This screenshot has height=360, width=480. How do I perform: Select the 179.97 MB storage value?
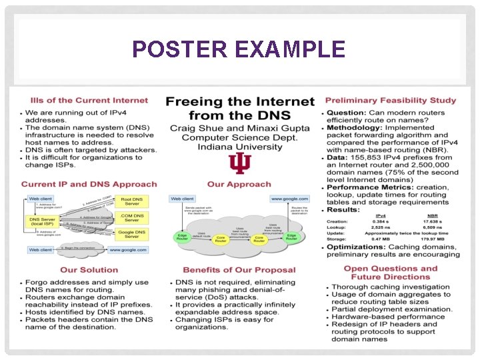(437, 239)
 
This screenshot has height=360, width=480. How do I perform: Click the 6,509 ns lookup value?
(437, 227)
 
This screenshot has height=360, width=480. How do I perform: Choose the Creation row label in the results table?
(337, 221)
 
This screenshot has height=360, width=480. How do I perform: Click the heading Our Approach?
(239, 184)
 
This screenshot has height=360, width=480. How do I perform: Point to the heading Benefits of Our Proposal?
(239, 270)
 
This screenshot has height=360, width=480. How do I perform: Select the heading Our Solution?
(89, 270)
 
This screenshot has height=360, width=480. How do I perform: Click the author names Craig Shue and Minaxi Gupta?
(239, 128)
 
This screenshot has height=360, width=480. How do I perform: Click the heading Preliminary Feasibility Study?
(391, 101)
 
